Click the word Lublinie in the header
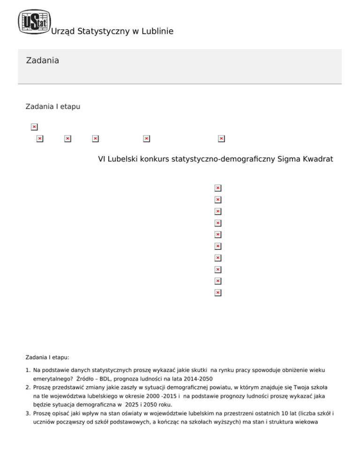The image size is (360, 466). (157, 31)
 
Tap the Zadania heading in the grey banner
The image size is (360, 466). (43, 60)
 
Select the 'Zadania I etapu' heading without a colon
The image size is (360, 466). (52, 107)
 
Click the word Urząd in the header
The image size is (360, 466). (61, 31)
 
